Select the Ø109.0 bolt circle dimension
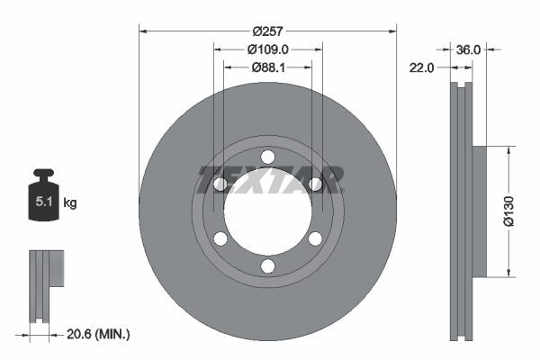click(267, 50)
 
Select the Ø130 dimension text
click(508, 210)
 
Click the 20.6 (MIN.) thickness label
click(99, 334)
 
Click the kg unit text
click(70, 203)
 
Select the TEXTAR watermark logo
click(268, 179)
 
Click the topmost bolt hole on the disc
click(267, 158)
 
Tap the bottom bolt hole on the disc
click(267, 265)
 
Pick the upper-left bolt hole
click(220, 185)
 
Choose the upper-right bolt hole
click(314, 185)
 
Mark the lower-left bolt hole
click(220, 239)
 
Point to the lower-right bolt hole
click(314, 239)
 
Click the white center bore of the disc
click(267, 213)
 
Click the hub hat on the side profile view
click(479, 211)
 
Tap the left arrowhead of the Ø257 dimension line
click(142, 30)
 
